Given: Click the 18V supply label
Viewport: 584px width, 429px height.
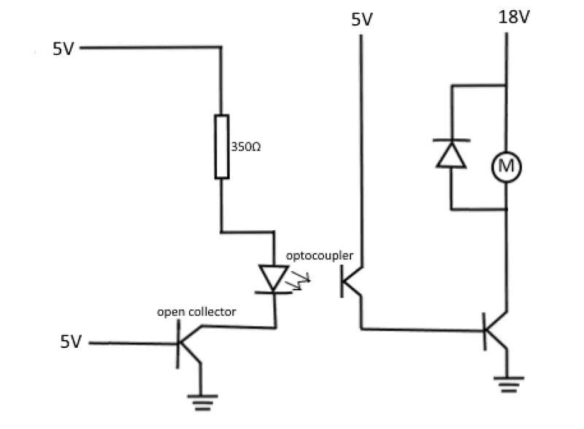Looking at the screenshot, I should pyautogui.click(x=514, y=17).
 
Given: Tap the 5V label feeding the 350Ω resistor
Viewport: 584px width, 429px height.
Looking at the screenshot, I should pyautogui.click(x=64, y=50).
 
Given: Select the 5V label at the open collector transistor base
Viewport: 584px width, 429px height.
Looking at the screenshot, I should pyautogui.click(x=71, y=342).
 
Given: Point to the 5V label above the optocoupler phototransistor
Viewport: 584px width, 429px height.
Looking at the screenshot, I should pyautogui.click(x=362, y=19).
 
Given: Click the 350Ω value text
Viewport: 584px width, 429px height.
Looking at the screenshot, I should pyautogui.click(x=246, y=146).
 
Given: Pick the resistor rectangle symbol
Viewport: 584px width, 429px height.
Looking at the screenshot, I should pyautogui.click(x=221, y=146).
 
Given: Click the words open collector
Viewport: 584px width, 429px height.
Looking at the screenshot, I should pyautogui.click(x=197, y=312).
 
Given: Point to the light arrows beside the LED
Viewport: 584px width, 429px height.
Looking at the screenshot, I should pyautogui.click(x=299, y=281).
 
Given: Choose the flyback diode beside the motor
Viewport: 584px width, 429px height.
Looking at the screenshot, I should pyautogui.click(x=451, y=153).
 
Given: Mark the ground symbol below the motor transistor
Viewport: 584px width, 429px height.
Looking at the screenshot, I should pyautogui.click(x=506, y=381).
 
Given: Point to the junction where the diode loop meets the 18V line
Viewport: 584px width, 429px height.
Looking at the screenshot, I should pyautogui.click(x=507, y=85).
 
